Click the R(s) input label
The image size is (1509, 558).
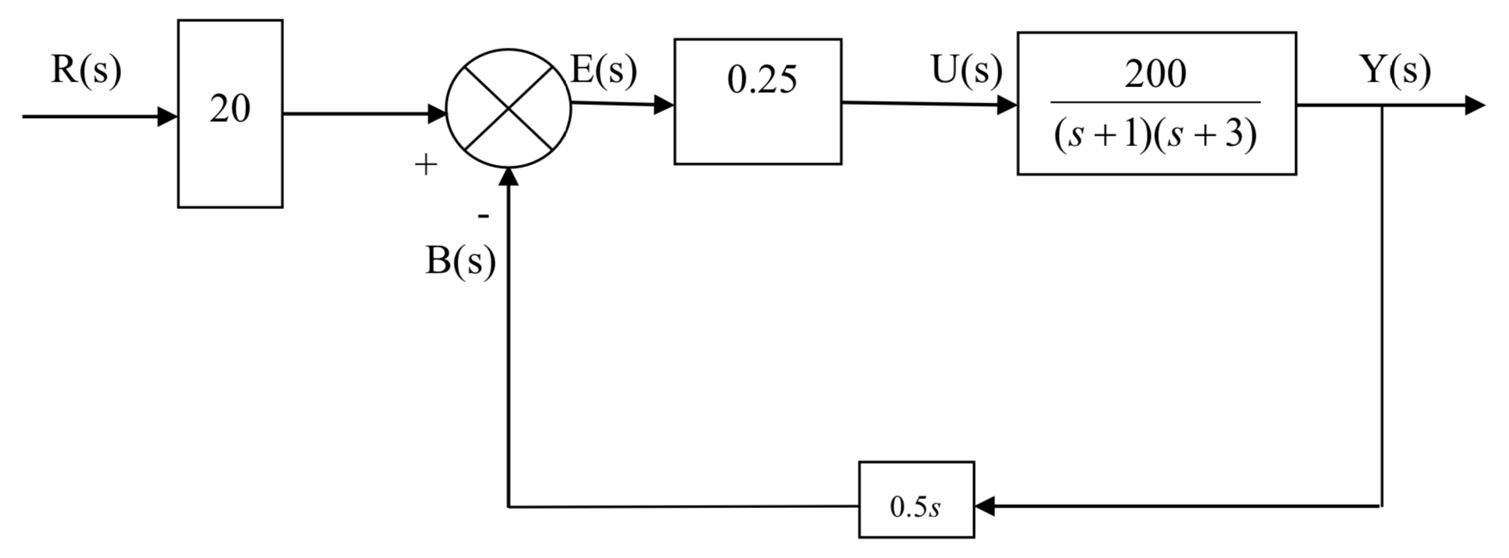86,70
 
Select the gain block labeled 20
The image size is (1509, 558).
230,113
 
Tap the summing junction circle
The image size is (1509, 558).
508,109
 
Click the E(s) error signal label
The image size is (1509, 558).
604,70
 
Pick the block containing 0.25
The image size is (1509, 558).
758,102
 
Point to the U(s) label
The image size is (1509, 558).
966,70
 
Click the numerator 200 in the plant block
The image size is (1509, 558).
1156,74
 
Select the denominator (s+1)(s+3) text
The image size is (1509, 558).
1156,134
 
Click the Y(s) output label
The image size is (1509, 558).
1395,70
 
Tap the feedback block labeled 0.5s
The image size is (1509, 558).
916,499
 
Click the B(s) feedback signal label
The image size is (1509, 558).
460,261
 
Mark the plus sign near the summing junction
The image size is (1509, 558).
425,165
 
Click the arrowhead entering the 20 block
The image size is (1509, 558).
168,116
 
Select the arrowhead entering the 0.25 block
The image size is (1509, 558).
664,104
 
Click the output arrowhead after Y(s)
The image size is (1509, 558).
1474,105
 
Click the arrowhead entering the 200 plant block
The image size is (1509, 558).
1007,105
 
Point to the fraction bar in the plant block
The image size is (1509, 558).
1156,102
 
